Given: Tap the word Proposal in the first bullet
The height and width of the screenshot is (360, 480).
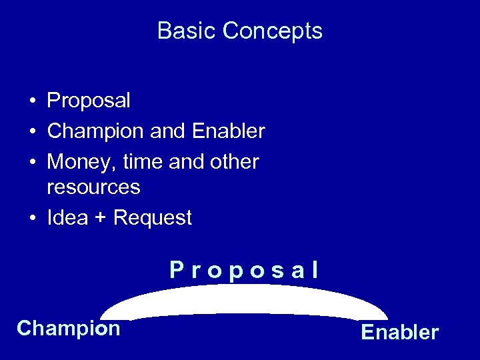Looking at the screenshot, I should click(89, 101).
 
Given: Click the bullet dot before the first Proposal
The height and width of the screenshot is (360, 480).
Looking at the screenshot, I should click(32, 101).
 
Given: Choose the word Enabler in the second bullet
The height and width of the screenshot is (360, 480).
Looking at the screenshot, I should click(228, 131).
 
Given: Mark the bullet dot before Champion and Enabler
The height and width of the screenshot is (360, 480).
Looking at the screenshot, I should click(32, 132).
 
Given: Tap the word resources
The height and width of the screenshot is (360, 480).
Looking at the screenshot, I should click(93, 187).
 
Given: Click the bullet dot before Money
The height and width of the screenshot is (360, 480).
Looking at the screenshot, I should click(32, 162).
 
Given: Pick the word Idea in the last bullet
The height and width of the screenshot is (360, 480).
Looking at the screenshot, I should click(67, 217).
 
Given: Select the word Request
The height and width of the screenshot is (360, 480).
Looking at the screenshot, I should click(153, 218).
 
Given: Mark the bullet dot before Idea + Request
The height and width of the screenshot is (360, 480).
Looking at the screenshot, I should click(32, 219).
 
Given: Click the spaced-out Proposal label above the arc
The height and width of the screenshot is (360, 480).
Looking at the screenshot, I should click(244, 270).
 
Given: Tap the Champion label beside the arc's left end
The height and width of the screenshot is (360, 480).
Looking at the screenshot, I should click(68, 328).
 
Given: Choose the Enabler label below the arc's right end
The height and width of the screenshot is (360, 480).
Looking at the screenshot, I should click(399, 332).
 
